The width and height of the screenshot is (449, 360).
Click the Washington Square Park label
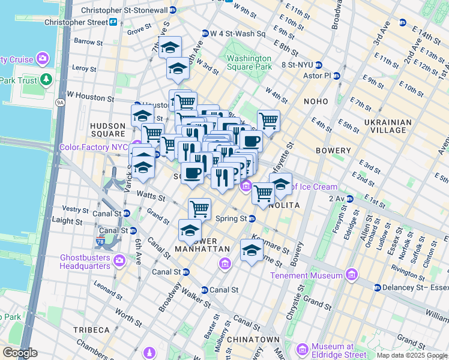249,62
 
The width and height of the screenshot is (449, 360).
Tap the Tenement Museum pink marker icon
351,275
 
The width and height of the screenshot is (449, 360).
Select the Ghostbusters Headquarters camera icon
119,260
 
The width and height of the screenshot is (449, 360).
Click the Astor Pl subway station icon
337,76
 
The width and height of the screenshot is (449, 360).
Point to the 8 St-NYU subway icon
319,65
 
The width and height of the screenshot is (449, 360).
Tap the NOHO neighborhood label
316,101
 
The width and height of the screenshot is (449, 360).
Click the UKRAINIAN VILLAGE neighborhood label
387,127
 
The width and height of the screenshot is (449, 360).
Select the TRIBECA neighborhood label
91,330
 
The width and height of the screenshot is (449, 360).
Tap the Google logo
20,353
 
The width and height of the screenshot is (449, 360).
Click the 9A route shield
60,103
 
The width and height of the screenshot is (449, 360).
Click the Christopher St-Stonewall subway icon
173,10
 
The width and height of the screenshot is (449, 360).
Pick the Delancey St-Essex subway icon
378,287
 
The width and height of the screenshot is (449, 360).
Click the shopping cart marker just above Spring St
199,209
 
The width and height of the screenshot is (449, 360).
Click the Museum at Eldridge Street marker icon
303,349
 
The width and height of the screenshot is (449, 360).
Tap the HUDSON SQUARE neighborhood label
107,130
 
